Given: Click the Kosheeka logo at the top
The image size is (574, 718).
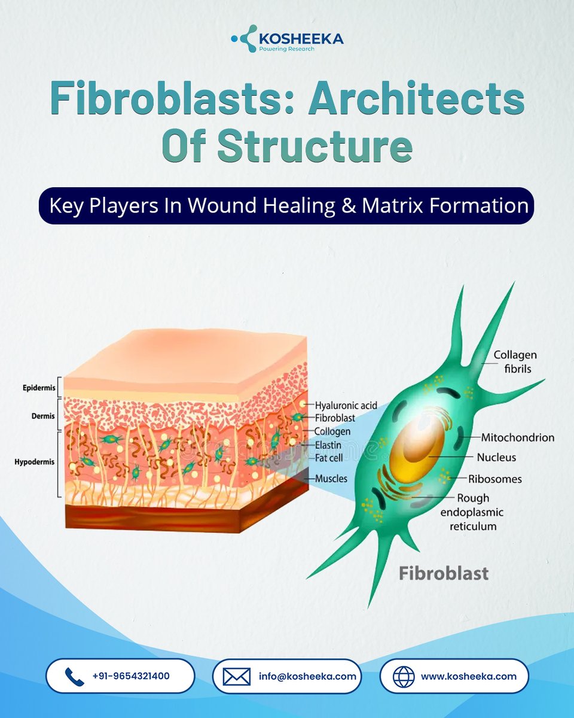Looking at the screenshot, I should tap(287, 39).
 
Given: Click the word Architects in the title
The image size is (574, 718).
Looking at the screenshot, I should tap(416, 99).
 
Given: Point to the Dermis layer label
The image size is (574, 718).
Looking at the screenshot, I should tap(39, 414).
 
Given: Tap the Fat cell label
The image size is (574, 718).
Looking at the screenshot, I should tap(329, 458).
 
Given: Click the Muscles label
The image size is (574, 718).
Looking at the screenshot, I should tap(331, 479).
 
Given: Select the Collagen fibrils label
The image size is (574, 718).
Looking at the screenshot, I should tap(515, 362).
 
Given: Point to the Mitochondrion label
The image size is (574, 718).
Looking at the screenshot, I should tap(517, 438).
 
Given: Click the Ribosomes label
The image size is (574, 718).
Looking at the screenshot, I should tap(495, 479).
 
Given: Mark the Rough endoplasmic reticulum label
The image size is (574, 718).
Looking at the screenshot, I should tap(476, 512).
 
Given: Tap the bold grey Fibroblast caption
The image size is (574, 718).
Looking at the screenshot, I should tap(444, 573).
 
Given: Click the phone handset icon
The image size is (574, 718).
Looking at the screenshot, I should tap(74, 677).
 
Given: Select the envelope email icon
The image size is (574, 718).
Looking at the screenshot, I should tap(236, 677).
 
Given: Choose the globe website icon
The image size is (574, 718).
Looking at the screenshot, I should tap(404, 677).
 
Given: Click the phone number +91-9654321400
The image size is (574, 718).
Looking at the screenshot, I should tap(131, 676).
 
